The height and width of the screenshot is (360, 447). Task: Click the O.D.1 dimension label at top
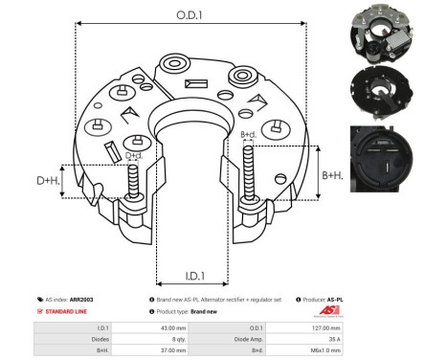point(188,15)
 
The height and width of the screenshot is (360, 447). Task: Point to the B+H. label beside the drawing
point(334,175)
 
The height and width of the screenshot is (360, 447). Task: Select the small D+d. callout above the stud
point(135,156)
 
